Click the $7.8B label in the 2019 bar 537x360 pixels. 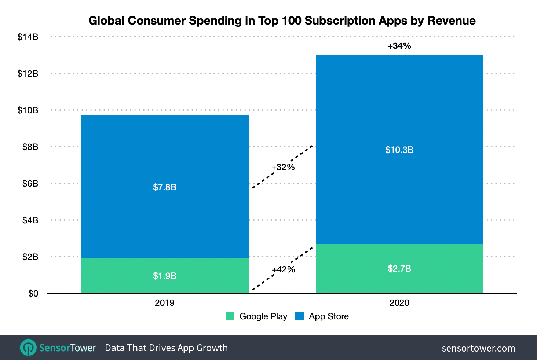tap(164, 187)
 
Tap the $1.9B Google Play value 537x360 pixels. tap(164, 276)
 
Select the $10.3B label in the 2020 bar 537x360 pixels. tap(399, 150)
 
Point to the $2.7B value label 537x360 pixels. tap(399, 268)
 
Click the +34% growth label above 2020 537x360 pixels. tap(399, 46)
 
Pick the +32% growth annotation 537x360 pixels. tap(283, 167)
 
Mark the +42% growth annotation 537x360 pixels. tap(283, 269)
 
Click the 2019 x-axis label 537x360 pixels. tap(164, 303)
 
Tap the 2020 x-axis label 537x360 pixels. tap(399, 303)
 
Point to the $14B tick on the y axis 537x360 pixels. tap(28, 37)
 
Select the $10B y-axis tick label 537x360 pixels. tap(28, 110)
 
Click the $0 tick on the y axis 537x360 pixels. tap(33, 294)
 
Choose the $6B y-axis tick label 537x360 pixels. tap(30, 184)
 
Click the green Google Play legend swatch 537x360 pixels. tap(230, 316)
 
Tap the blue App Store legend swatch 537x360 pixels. tap(299, 316)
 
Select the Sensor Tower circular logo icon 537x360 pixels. tap(28, 348)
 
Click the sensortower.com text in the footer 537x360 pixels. tap(478, 348)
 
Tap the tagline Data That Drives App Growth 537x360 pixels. tap(166, 348)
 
